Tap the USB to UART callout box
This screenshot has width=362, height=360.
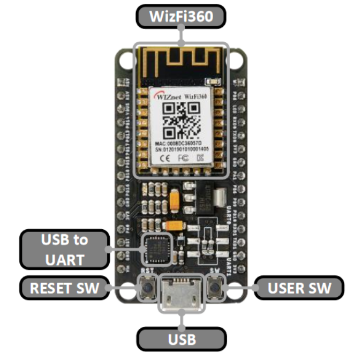coord(64,249)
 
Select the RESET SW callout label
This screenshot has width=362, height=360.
coord(65,288)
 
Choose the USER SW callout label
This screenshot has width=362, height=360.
coord(299,288)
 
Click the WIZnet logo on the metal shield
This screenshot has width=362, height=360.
coord(167,98)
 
